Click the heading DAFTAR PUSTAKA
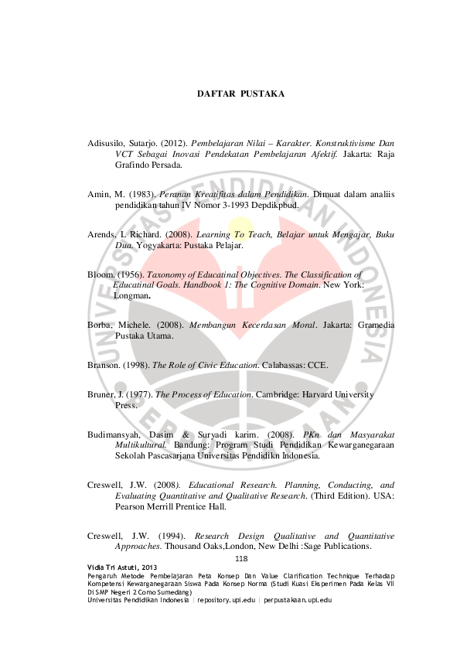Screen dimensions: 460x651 tap(240, 94)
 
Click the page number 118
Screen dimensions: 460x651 tap(240, 558)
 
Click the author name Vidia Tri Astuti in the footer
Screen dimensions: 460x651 tap(113, 567)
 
